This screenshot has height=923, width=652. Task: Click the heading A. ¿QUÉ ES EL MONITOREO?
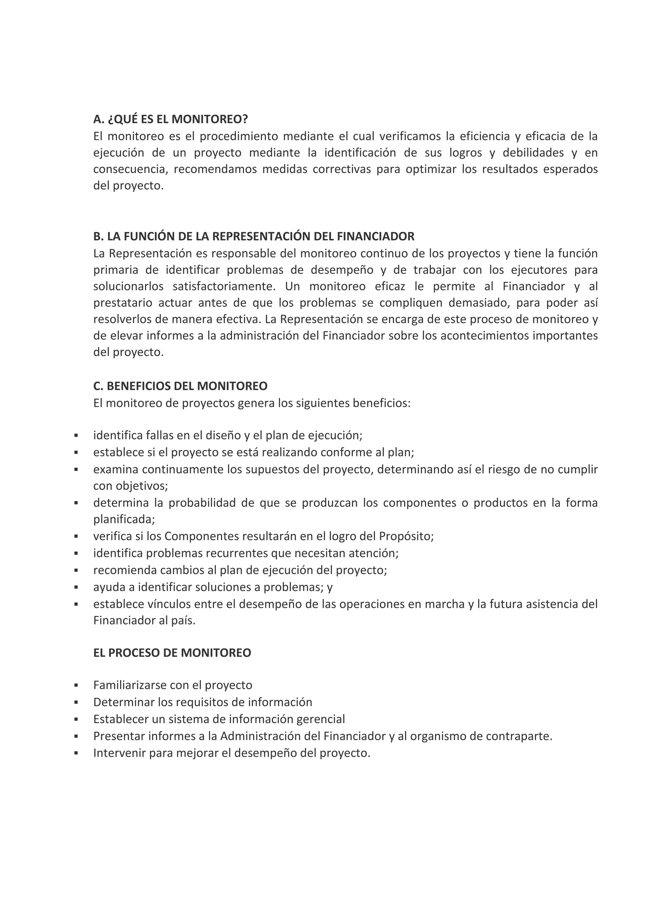coord(170,119)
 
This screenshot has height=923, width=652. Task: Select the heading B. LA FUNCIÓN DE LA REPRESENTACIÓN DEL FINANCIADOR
coord(253,236)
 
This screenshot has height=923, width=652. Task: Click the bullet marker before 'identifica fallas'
coord(76,435)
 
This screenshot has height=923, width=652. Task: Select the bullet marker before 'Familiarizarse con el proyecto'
coord(76,685)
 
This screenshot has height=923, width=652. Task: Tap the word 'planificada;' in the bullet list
coord(124,519)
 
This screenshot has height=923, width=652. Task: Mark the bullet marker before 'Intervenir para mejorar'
coord(76,753)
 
